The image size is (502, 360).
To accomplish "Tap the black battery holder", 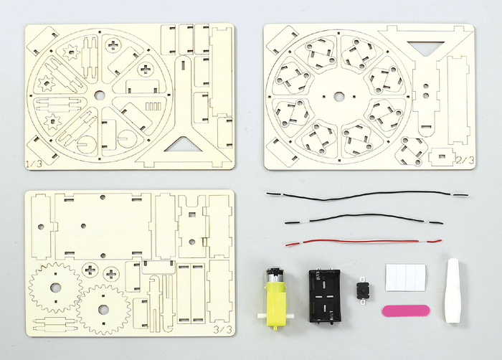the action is [325, 295].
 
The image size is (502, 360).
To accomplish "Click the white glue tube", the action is [453, 290].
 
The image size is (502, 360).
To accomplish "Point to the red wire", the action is [364, 242].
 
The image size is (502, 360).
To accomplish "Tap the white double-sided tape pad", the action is [406, 278].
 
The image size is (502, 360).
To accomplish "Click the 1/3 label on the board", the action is [34, 164].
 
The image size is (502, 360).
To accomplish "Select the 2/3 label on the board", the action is [466, 160].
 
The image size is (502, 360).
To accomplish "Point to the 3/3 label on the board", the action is [223, 330].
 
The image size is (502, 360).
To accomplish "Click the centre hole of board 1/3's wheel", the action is [99, 95].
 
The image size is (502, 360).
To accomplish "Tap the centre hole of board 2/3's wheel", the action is [338, 96].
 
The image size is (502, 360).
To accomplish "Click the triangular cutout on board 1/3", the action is [183, 146].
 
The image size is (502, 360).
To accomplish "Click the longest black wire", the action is [367, 195].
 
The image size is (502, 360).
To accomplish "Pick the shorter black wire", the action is [364, 219].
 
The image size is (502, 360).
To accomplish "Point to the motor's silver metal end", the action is [274, 276].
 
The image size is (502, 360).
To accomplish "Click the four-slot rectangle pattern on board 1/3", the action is [153, 106].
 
